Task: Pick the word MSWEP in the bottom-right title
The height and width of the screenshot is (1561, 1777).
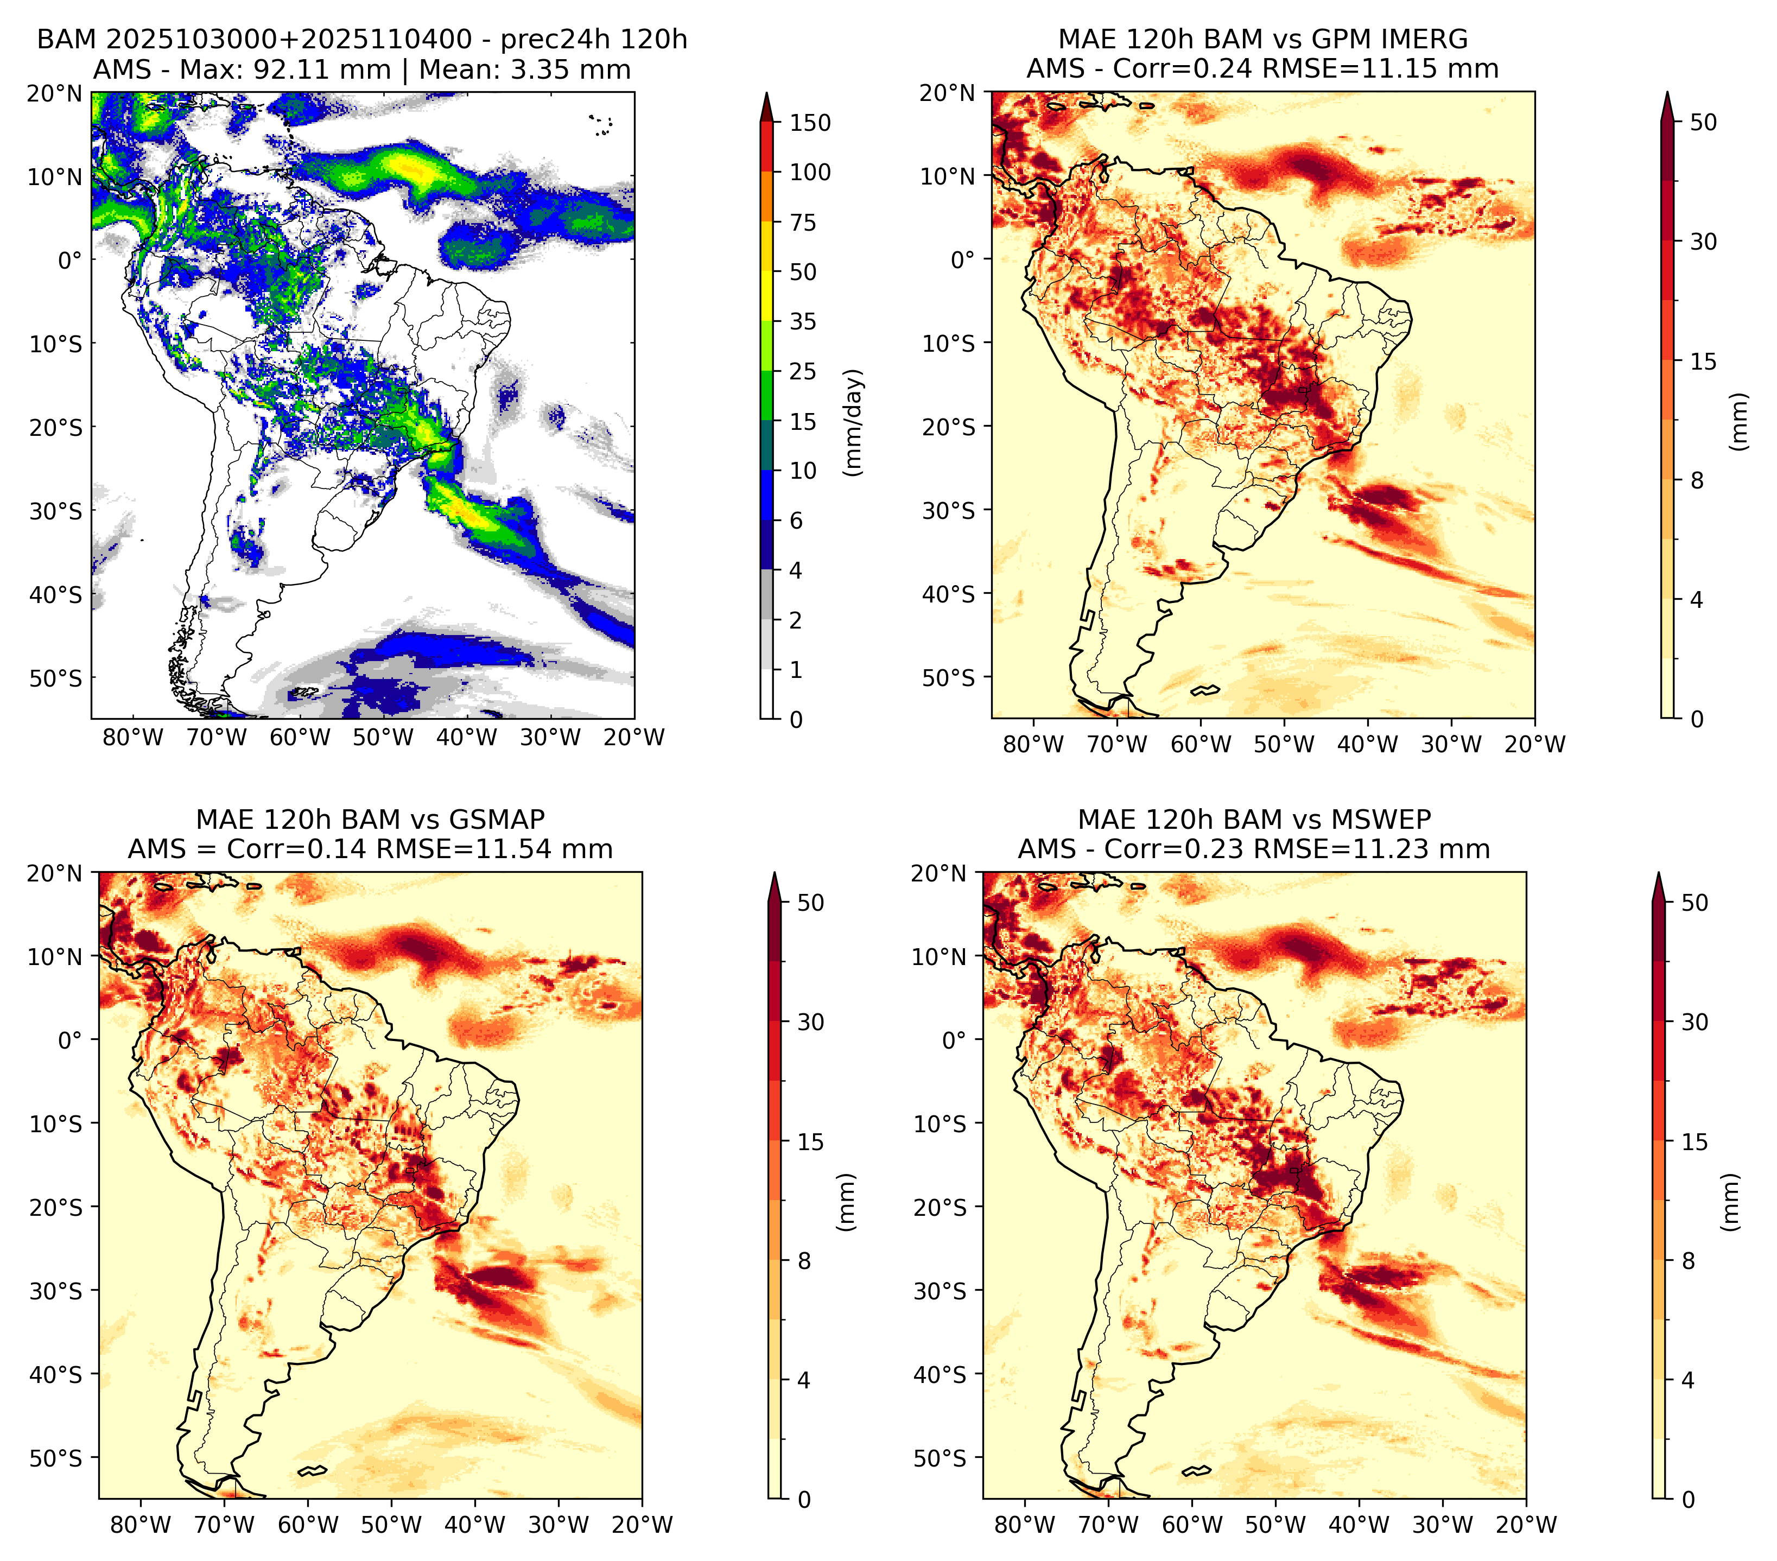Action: [x=1387, y=820]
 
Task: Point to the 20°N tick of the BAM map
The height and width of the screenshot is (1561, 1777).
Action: [x=55, y=94]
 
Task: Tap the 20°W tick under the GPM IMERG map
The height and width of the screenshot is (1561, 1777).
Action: [x=1534, y=744]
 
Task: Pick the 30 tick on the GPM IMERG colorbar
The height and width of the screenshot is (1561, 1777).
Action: [x=1704, y=242]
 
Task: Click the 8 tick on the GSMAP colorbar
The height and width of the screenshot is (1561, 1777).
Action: [x=804, y=1260]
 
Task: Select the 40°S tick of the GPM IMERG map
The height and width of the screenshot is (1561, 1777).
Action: [x=949, y=594]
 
